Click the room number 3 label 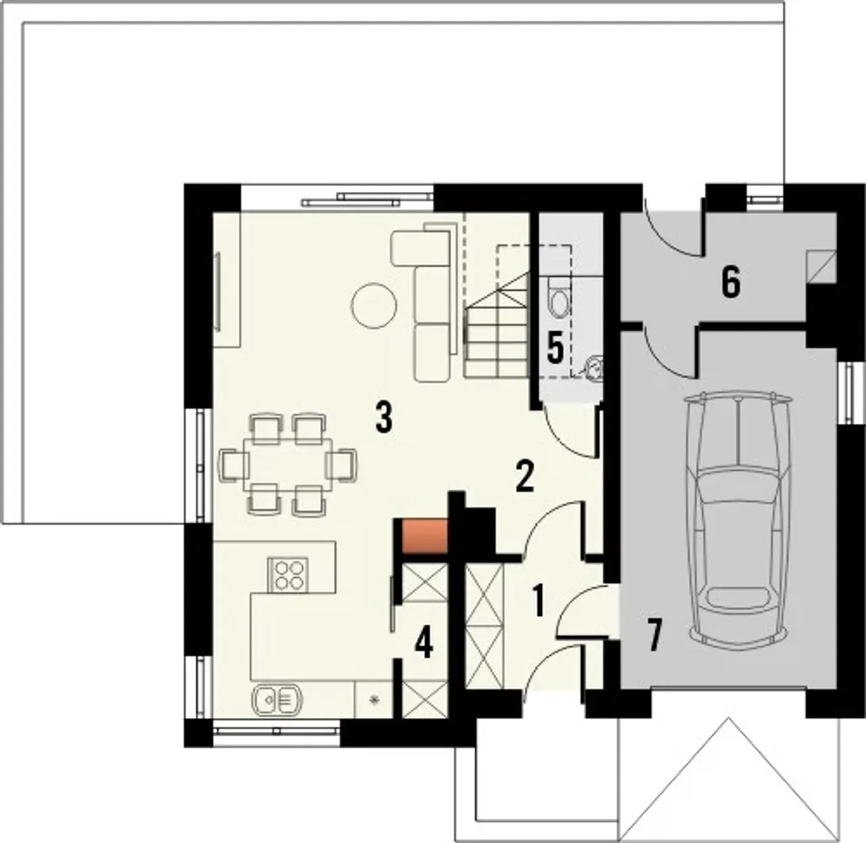point(384,416)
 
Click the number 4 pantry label point(424,643)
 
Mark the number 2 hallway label point(524,476)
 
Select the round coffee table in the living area point(374,306)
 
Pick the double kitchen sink point(277,701)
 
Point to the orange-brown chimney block point(425,536)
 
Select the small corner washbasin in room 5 point(593,367)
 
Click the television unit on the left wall point(218,291)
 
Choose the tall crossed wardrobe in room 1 point(484,627)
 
